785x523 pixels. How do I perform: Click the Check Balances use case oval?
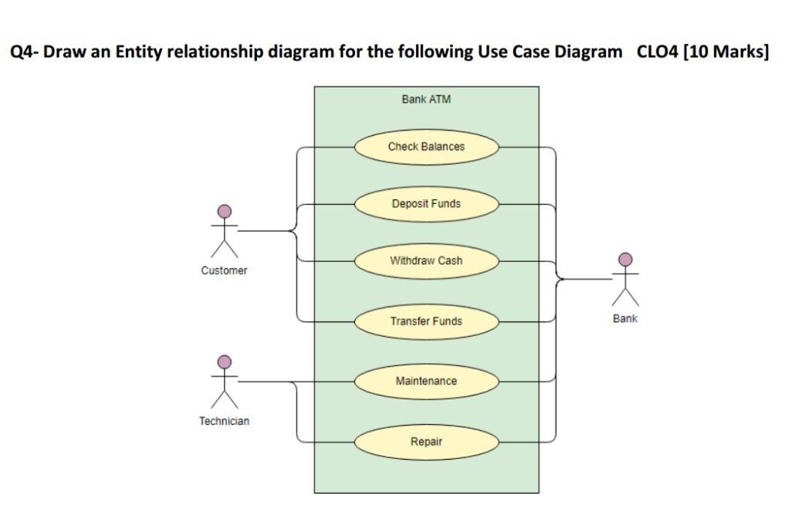tap(426, 147)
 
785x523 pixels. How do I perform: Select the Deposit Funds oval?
tap(426, 204)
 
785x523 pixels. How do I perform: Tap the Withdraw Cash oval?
tap(426, 261)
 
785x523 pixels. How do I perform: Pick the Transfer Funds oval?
tap(426, 321)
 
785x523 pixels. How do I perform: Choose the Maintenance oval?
tap(426, 382)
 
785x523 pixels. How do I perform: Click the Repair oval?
tap(426, 442)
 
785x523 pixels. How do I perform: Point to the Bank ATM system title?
tap(426, 100)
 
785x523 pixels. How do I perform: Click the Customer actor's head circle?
tap(225, 211)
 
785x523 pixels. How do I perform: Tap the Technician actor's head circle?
tap(225, 362)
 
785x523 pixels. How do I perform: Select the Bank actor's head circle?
tap(626, 259)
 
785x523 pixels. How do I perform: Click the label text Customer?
tap(225, 271)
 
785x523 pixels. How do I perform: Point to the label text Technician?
tap(225, 422)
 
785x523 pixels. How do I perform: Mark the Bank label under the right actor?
tap(625, 319)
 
